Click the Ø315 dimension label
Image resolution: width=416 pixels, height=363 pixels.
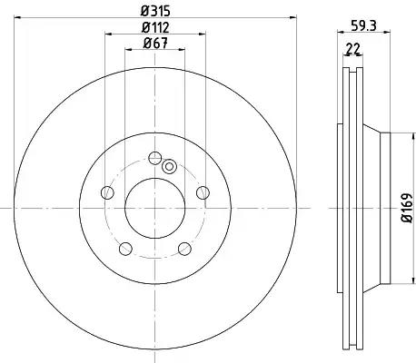click(x=155, y=11)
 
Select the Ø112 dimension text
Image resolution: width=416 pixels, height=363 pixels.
click(x=155, y=28)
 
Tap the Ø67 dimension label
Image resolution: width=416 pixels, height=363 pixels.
click(x=155, y=44)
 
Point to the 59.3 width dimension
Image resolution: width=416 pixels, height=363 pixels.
click(x=363, y=25)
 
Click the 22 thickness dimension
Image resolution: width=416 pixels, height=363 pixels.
click(x=353, y=48)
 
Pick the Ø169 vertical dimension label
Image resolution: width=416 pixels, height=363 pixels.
click(x=407, y=208)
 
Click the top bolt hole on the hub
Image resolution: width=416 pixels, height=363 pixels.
click(x=155, y=158)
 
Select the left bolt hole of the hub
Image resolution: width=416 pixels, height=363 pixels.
click(x=107, y=192)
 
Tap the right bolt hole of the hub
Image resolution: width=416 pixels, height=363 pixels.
click(x=203, y=192)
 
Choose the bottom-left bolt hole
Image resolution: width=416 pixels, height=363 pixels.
click(x=125, y=249)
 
